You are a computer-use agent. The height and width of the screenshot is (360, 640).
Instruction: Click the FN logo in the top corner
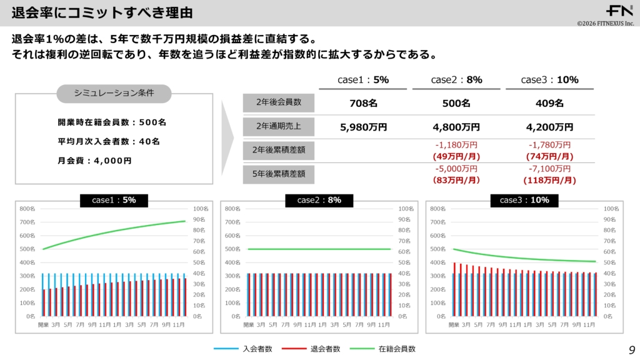(619, 11)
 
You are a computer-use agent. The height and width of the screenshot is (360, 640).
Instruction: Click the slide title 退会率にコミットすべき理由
(102, 12)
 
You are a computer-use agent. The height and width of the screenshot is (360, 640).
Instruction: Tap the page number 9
(631, 349)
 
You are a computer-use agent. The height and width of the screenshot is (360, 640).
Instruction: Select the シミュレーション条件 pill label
(114, 93)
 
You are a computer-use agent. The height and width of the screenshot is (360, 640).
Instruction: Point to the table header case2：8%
(456, 79)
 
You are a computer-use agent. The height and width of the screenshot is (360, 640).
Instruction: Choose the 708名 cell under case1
(363, 103)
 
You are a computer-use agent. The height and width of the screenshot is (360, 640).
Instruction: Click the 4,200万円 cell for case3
(549, 127)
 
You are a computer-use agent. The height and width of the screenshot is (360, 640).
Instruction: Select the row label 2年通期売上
(279, 127)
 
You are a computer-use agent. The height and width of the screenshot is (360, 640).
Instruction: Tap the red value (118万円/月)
(549, 180)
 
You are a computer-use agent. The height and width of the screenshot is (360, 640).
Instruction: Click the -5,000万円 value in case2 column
(456, 169)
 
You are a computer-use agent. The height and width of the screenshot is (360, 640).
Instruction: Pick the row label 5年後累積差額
(279, 174)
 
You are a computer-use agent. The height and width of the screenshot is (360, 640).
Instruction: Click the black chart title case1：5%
(114, 200)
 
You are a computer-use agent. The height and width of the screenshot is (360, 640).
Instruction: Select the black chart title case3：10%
(524, 200)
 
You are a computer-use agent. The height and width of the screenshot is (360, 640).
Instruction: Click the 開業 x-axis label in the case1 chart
(43, 325)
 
